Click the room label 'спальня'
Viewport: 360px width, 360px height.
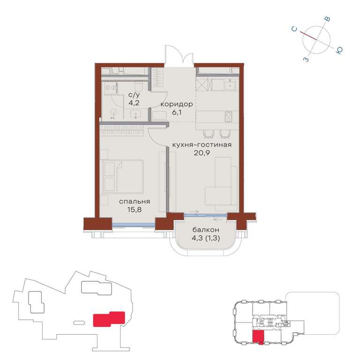135,202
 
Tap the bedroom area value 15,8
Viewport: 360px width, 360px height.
135,210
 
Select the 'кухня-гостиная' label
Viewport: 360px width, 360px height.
202,145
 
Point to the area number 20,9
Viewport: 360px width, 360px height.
202,153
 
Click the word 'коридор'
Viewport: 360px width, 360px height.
177,105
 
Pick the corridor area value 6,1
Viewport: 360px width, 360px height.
177,112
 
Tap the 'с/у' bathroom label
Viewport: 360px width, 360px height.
134,95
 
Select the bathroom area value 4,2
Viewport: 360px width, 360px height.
134,103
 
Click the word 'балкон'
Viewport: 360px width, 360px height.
206,230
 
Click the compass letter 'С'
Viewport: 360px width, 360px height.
294,29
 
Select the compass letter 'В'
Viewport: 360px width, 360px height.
328,19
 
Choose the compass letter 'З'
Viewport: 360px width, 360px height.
306,60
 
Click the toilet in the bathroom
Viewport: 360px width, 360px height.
138,86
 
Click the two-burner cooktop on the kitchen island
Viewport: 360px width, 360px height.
228,117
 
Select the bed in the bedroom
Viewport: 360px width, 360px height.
123,176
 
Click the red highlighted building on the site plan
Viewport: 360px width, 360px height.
109,319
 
